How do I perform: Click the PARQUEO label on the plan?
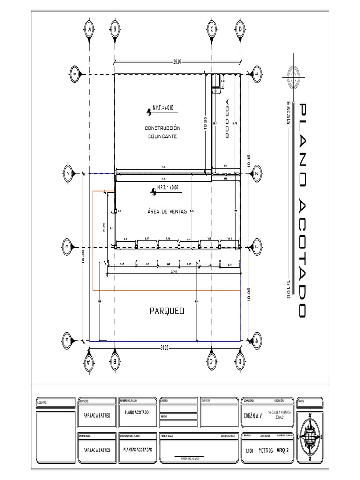pyautogui.click(x=167, y=311)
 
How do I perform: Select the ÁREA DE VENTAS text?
pyautogui.click(x=167, y=211)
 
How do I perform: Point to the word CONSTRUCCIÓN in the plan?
pyautogui.click(x=162, y=128)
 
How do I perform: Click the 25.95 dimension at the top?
pyautogui.click(x=178, y=61)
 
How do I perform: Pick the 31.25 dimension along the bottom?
pyautogui.click(x=164, y=348)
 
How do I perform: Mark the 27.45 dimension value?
pyautogui.click(x=174, y=271)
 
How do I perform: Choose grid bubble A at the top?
pyautogui.click(x=88, y=29)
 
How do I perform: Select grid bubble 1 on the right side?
pyautogui.click(x=256, y=74)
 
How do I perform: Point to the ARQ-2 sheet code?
pyautogui.click(x=283, y=450)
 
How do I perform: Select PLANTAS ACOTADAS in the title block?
pyautogui.click(x=137, y=449)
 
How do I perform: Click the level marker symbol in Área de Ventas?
pyautogui.click(x=153, y=191)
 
